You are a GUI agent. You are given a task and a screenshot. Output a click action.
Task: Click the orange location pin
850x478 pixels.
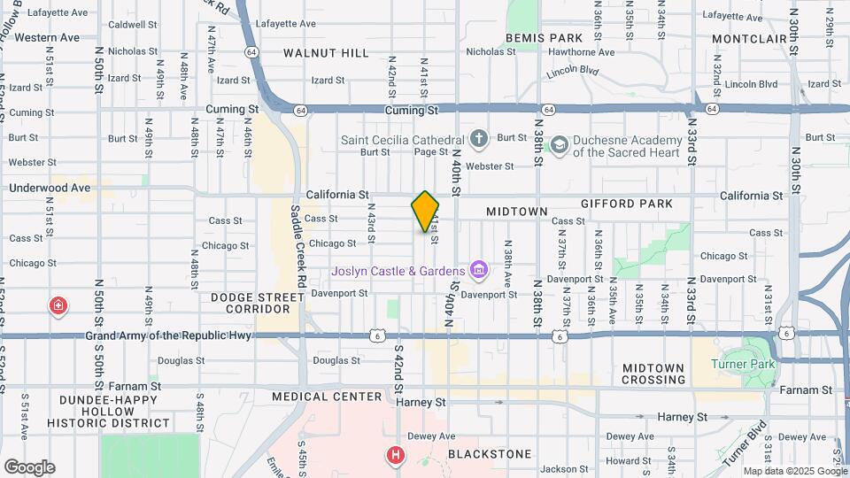[425, 211]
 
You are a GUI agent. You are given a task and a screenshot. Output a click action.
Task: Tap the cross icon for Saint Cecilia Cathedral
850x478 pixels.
[479, 139]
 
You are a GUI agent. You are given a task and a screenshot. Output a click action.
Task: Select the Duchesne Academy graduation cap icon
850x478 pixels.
[559, 143]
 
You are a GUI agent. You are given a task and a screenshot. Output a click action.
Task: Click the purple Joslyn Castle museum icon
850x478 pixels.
[479, 269]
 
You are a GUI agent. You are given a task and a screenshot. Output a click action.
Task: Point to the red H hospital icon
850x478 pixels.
[395, 455]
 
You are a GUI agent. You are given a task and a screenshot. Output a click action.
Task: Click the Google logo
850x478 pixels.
[29, 466]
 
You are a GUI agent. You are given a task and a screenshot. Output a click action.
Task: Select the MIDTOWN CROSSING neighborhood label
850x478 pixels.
[653, 374]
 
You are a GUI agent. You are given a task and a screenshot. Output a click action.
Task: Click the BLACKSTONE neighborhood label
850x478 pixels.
[490, 454]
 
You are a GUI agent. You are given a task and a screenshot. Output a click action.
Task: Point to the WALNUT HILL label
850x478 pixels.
[326, 53]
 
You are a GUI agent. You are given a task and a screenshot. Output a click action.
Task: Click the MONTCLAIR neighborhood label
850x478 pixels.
[749, 39]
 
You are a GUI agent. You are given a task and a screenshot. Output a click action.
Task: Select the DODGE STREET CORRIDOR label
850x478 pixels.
[251, 303]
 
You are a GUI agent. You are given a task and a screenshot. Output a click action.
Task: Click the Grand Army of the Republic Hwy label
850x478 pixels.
[168, 335]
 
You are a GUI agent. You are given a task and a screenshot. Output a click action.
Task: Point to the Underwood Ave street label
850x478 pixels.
[50, 188]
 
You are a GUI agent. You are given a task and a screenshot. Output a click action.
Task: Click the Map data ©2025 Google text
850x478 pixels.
[794, 471]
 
